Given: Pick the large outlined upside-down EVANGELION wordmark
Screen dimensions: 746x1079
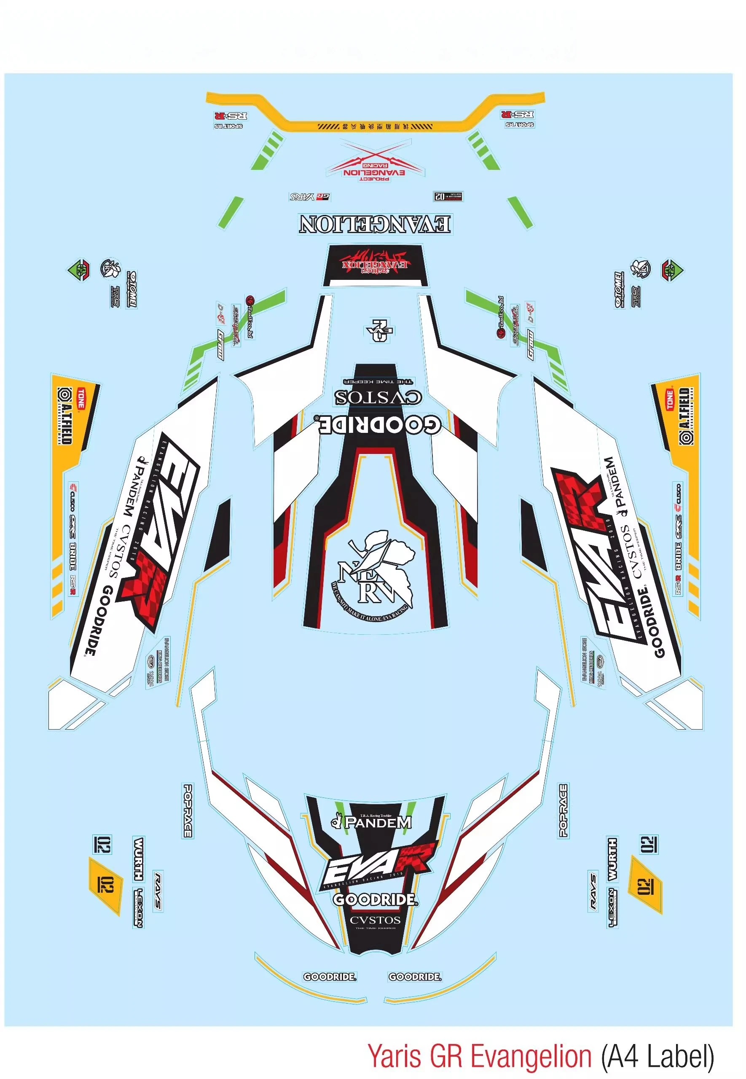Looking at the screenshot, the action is (x=375, y=224).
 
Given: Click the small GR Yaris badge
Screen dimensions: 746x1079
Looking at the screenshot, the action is (x=309, y=197).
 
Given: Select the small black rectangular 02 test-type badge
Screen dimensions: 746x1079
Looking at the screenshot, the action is (x=448, y=196).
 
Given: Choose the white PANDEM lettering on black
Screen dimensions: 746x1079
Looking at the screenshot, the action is (x=378, y=822).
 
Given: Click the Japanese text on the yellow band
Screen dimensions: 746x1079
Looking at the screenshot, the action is (x=375, y=126).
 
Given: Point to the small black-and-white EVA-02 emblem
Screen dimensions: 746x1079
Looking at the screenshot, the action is (x=379, y=330).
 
